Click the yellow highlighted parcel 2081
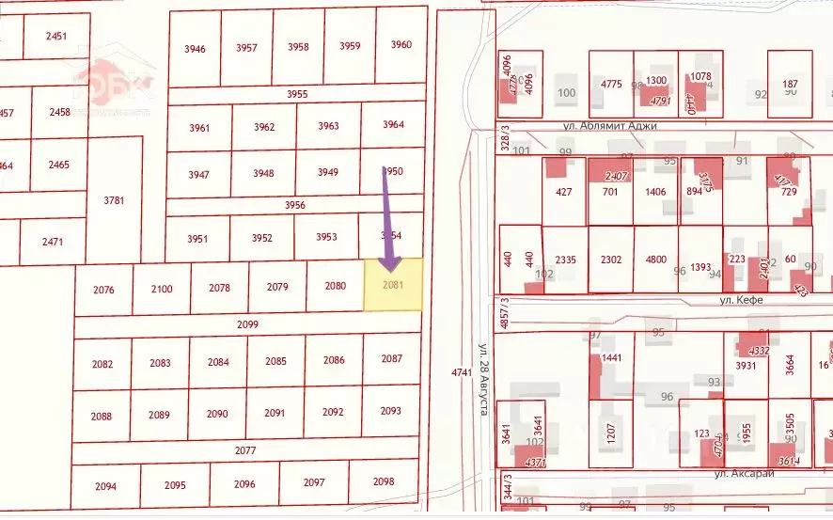[393, 285]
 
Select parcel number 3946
[196, 48]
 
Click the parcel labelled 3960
[401, 45]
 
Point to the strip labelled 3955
[297, 94]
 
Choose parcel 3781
[114, 199]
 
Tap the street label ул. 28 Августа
[482, 374]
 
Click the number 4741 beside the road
[461, 372]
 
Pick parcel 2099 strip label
[247, 324]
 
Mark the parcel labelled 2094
[106, 486]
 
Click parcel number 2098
[384, 481]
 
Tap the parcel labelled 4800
[655, 260]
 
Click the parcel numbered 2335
[565, 260]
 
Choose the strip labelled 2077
[245, 450]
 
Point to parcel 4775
[611, 84]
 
